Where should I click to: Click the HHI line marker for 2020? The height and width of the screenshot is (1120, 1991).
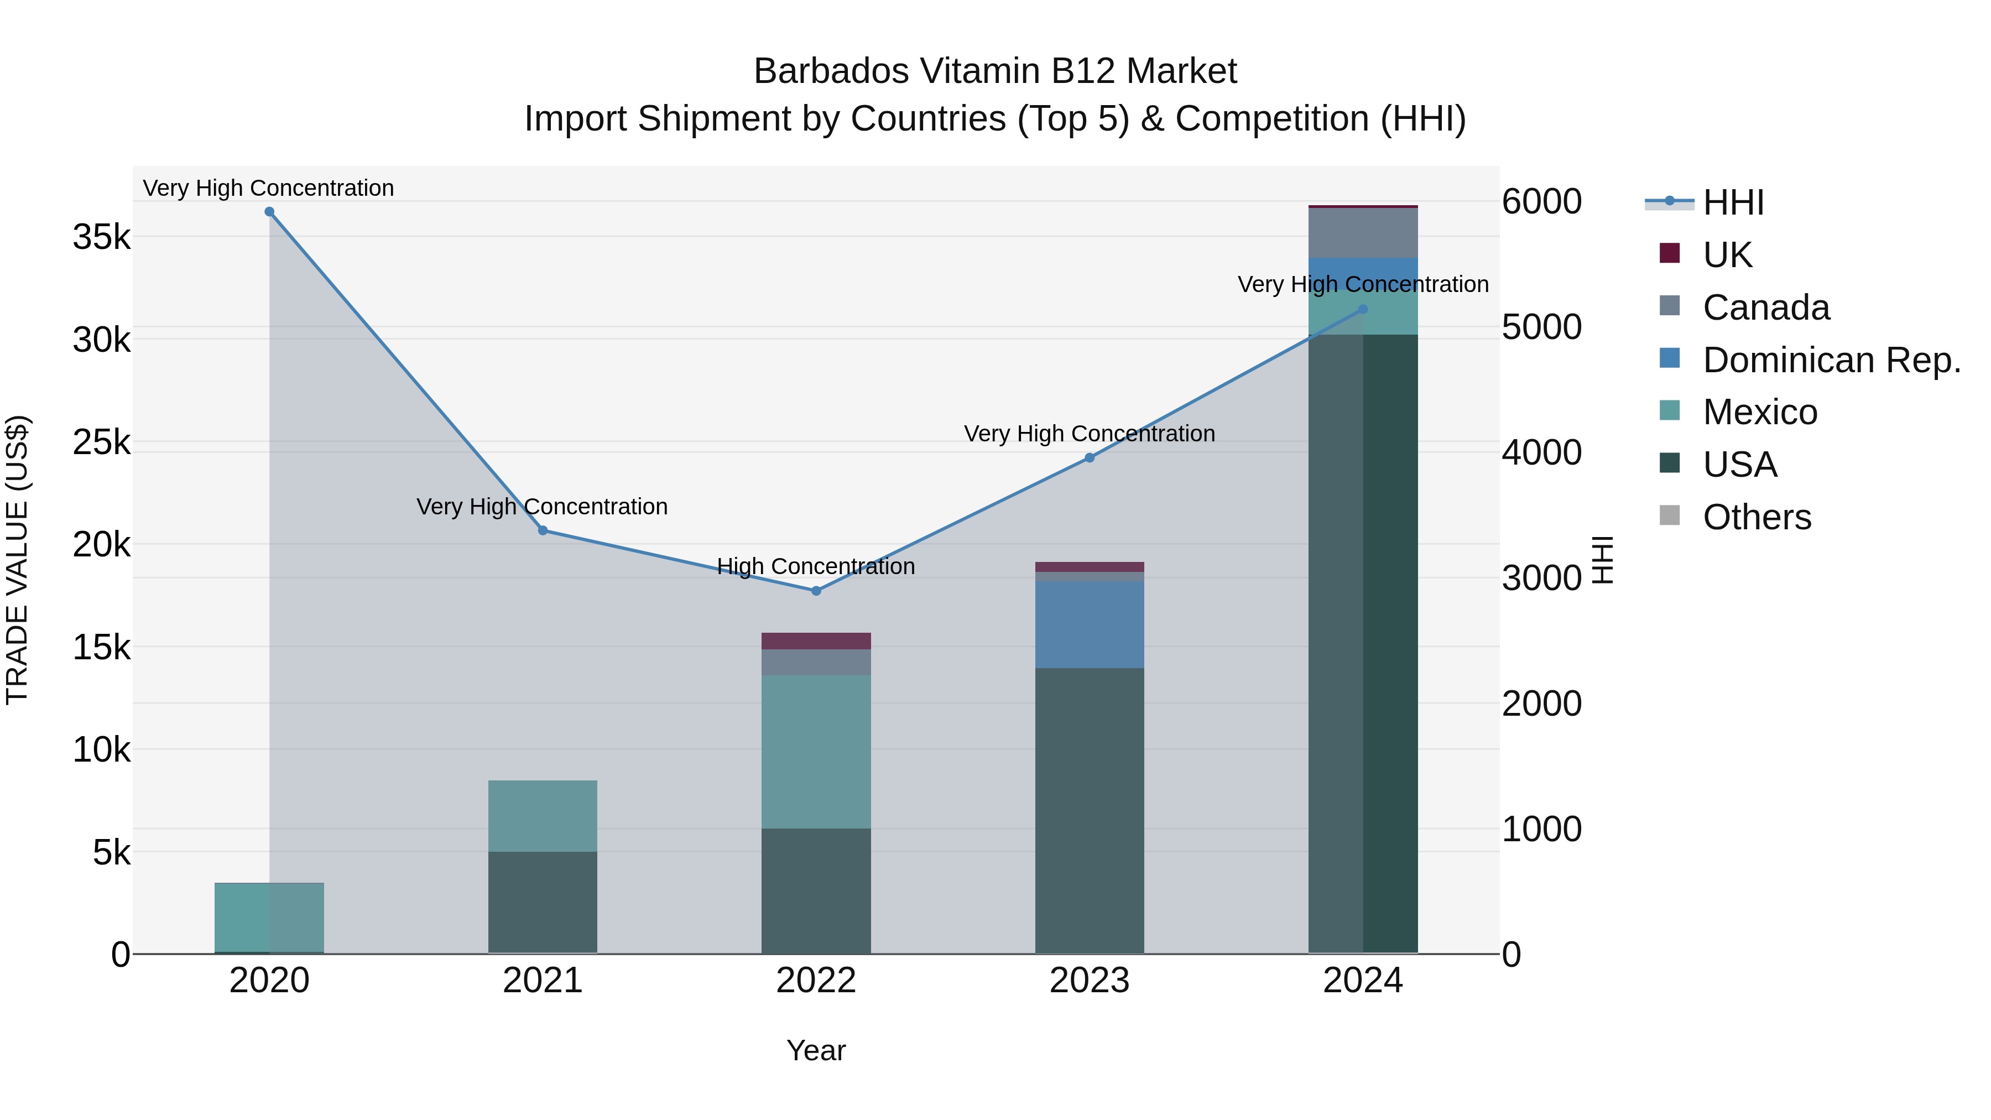tap(269, 212)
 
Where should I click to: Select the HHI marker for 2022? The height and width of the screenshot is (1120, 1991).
tap(816, 591)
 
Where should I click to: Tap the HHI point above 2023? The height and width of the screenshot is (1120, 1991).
tap(1089, 457)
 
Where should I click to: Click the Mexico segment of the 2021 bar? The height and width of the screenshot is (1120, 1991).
tap(543, 815)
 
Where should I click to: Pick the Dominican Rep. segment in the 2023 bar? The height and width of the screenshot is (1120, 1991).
tap(1089, 624)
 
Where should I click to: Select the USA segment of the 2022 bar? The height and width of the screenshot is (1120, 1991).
tap(816, 890)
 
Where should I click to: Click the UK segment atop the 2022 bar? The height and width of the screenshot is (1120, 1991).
tap(816, 641)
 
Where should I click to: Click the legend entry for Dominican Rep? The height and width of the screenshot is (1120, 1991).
tap(1831, 360)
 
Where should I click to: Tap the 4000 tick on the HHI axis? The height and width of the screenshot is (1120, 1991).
tap(1541, 453)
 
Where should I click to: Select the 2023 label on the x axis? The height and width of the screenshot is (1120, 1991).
tap(1089, 981)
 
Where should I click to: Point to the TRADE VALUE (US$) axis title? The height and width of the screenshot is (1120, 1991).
tap(17, 560)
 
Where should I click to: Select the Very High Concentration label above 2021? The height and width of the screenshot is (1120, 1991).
tap(542, 507)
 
